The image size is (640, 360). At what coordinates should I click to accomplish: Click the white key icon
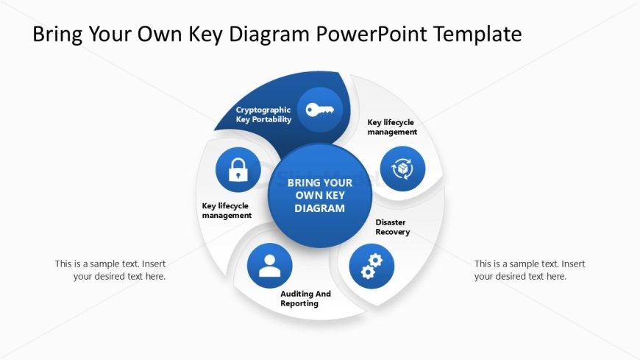tap(319, 110)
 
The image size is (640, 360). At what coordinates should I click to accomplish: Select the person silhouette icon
tap(270, 265)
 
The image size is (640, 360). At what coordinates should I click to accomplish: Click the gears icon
tap(371, 266)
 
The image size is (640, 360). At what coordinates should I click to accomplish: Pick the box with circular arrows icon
tap(402, 169)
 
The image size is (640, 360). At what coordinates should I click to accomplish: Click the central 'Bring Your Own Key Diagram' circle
tap(320, 196)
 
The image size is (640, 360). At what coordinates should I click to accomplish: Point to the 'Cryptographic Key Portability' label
tap(263, 114)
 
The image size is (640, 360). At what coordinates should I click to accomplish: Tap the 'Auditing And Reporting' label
tap(305, 298)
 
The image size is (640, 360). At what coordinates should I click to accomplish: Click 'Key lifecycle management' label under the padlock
tap(227, 211)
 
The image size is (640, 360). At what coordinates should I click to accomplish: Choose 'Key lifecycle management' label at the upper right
tap(392, 127)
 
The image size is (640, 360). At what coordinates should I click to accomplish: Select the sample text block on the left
tap(110, 270)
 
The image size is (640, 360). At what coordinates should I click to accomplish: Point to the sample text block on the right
tap(530, 270)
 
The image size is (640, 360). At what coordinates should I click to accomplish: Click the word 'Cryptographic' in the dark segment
tap(263, 110)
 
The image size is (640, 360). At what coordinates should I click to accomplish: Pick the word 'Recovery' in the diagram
tap(393, 232)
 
